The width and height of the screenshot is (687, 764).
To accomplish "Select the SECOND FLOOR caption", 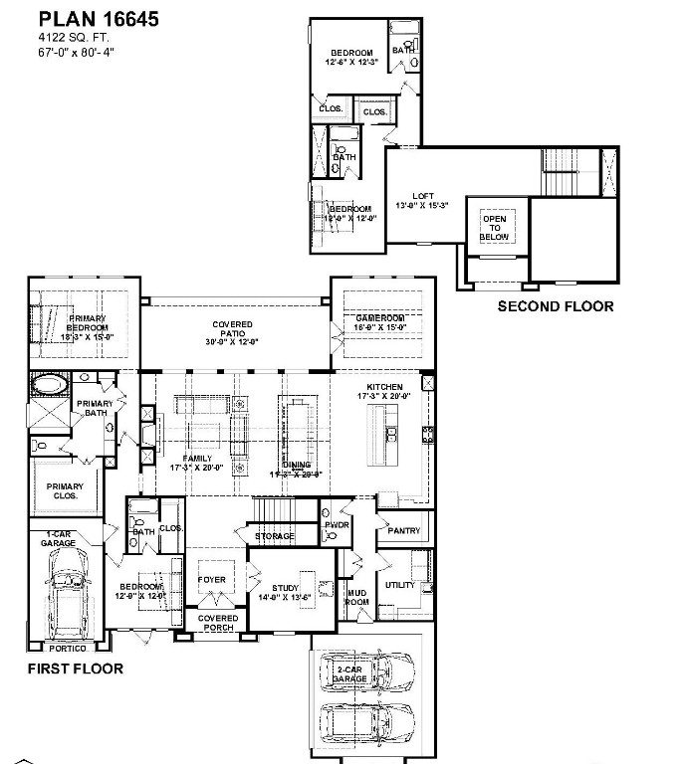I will [x=555, y=306].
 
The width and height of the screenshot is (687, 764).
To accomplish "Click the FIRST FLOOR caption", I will [x=75, y=668].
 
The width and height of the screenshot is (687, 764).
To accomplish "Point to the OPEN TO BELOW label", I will [x=495, y=228].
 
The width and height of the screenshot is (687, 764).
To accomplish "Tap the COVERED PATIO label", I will [x=232, y=332].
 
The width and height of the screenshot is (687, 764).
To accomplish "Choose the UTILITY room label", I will [x=400, y=585].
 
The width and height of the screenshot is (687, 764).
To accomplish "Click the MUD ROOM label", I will [x=356, y=597].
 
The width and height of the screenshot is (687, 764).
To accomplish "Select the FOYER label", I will [x=211, y=580].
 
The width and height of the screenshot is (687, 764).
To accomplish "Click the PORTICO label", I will [x=68, y=648].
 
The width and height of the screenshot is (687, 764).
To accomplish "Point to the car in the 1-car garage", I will [x=66, y=601].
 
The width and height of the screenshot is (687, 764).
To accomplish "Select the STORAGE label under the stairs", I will [x=274, y=536].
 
